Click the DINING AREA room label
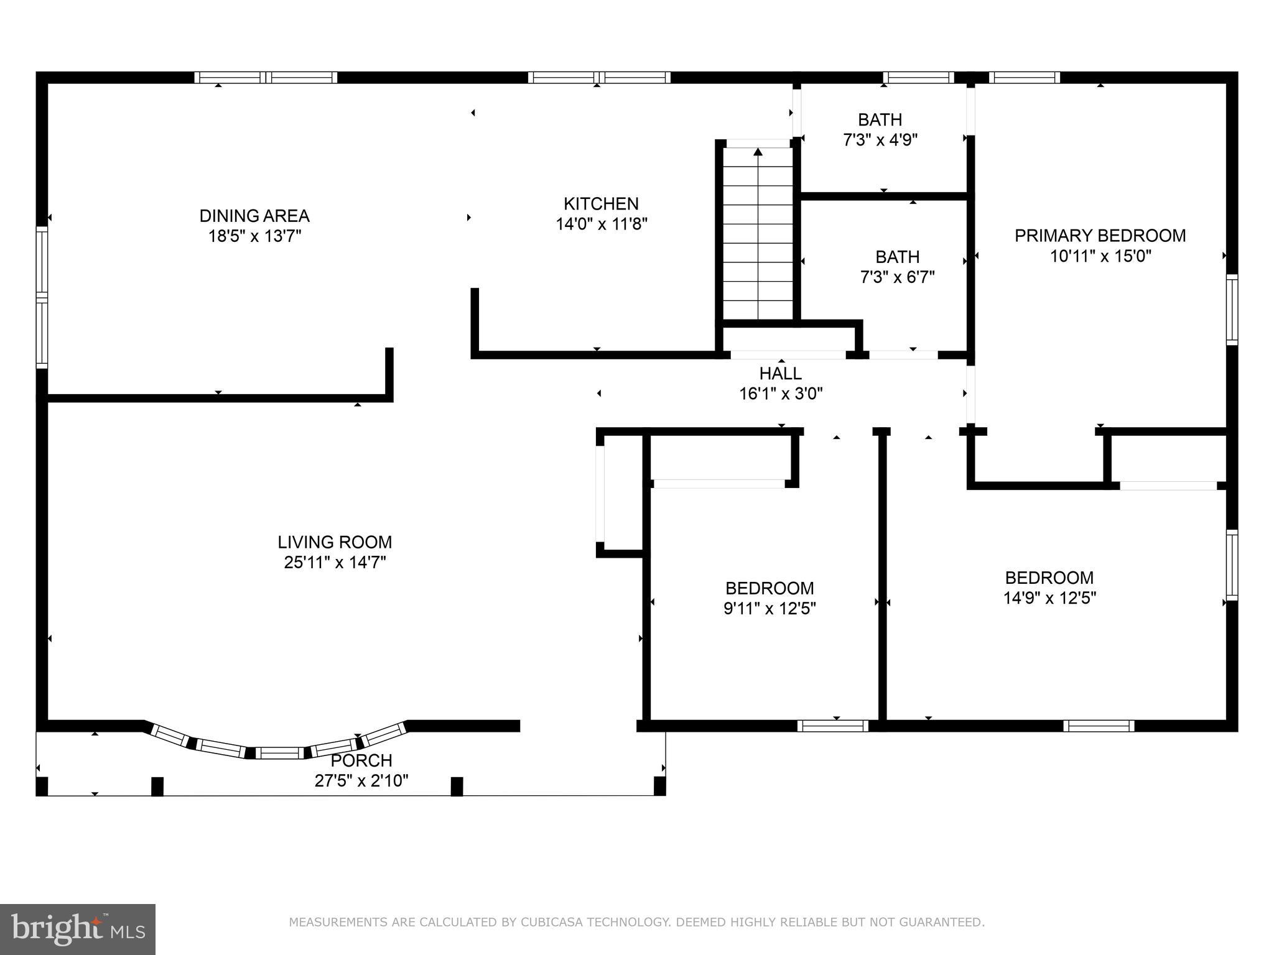click(x=254, y=216)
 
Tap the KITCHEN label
click(x=601, y=203)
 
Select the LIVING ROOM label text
click(x=335, y=542)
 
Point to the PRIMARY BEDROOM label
click(x=1100, y=236)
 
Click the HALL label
click(x=781, y=374)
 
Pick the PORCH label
click(x=361, y=760)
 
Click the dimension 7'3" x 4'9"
click(x=880, y=139)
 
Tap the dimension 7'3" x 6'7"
click(x=898, y=277)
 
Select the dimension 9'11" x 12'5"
click(x=770, y=608)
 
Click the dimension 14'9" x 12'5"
click(x=1049, y=597)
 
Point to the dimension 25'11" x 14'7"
click(x=335, y=562)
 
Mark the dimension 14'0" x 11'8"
click(x=602, y=224)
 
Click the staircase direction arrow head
click(x=758, y=152)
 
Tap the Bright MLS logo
click(x=78, y=930)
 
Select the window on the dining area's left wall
click(x=42, y=297)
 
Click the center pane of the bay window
click(x=279, y=753)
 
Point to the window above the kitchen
click(x=599, y=78)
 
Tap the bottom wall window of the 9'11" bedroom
click(x=833, y=726)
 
